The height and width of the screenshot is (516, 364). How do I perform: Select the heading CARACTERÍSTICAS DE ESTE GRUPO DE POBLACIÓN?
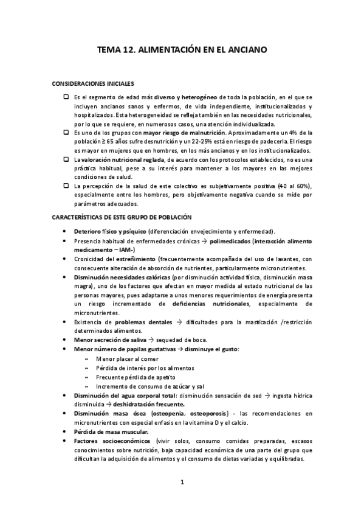click(121, 217)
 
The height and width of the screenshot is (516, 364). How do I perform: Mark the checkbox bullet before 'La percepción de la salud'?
click(66, 186)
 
